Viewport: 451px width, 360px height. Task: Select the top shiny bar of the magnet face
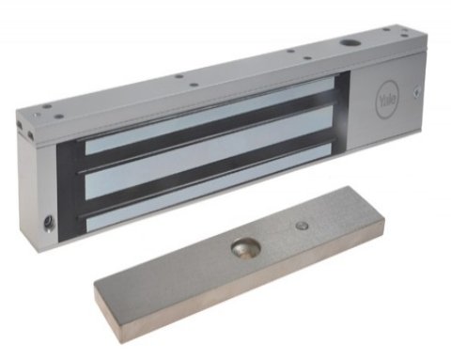click(x=207, y=115)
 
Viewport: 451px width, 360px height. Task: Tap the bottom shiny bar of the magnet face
click(x=207, y=188)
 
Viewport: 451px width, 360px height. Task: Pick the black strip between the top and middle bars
click(x=207, y=133)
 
